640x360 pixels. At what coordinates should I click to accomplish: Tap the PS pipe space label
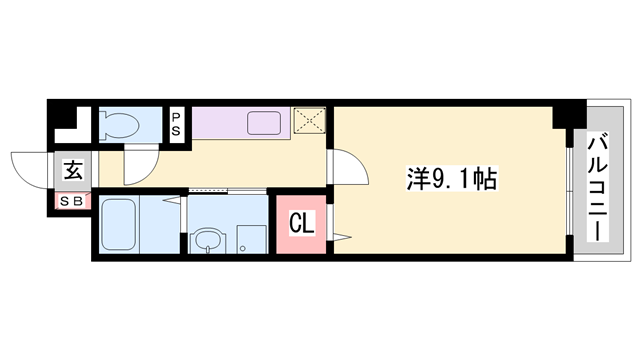[176, 124]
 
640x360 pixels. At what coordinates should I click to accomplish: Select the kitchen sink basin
[267, 123]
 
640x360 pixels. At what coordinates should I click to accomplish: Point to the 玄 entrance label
[74, 169]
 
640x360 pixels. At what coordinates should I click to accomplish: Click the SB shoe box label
[73, 200]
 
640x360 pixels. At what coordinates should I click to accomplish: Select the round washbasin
[208, 241]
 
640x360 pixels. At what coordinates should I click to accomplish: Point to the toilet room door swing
[140, 164]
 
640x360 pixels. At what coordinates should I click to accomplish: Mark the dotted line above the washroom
[208, 189]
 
